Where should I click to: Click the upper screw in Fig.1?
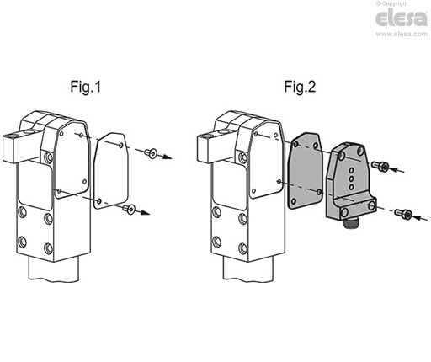tap(150, 152)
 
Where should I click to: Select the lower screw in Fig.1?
tap(130, 210)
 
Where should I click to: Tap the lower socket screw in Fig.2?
tap(406, 216)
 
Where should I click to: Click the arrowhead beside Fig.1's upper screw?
tap(170, 157)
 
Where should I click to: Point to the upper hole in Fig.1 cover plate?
tap(121, 146)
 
